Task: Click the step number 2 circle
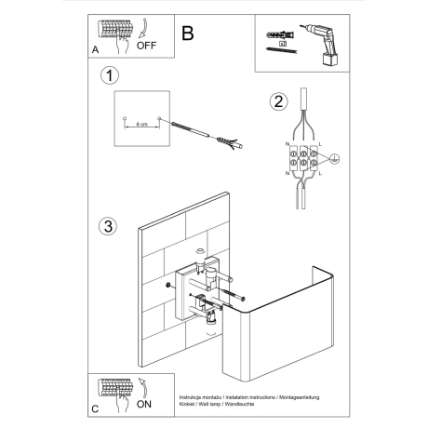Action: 276,101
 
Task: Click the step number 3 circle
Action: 111,226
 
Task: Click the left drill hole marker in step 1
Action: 125,120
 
